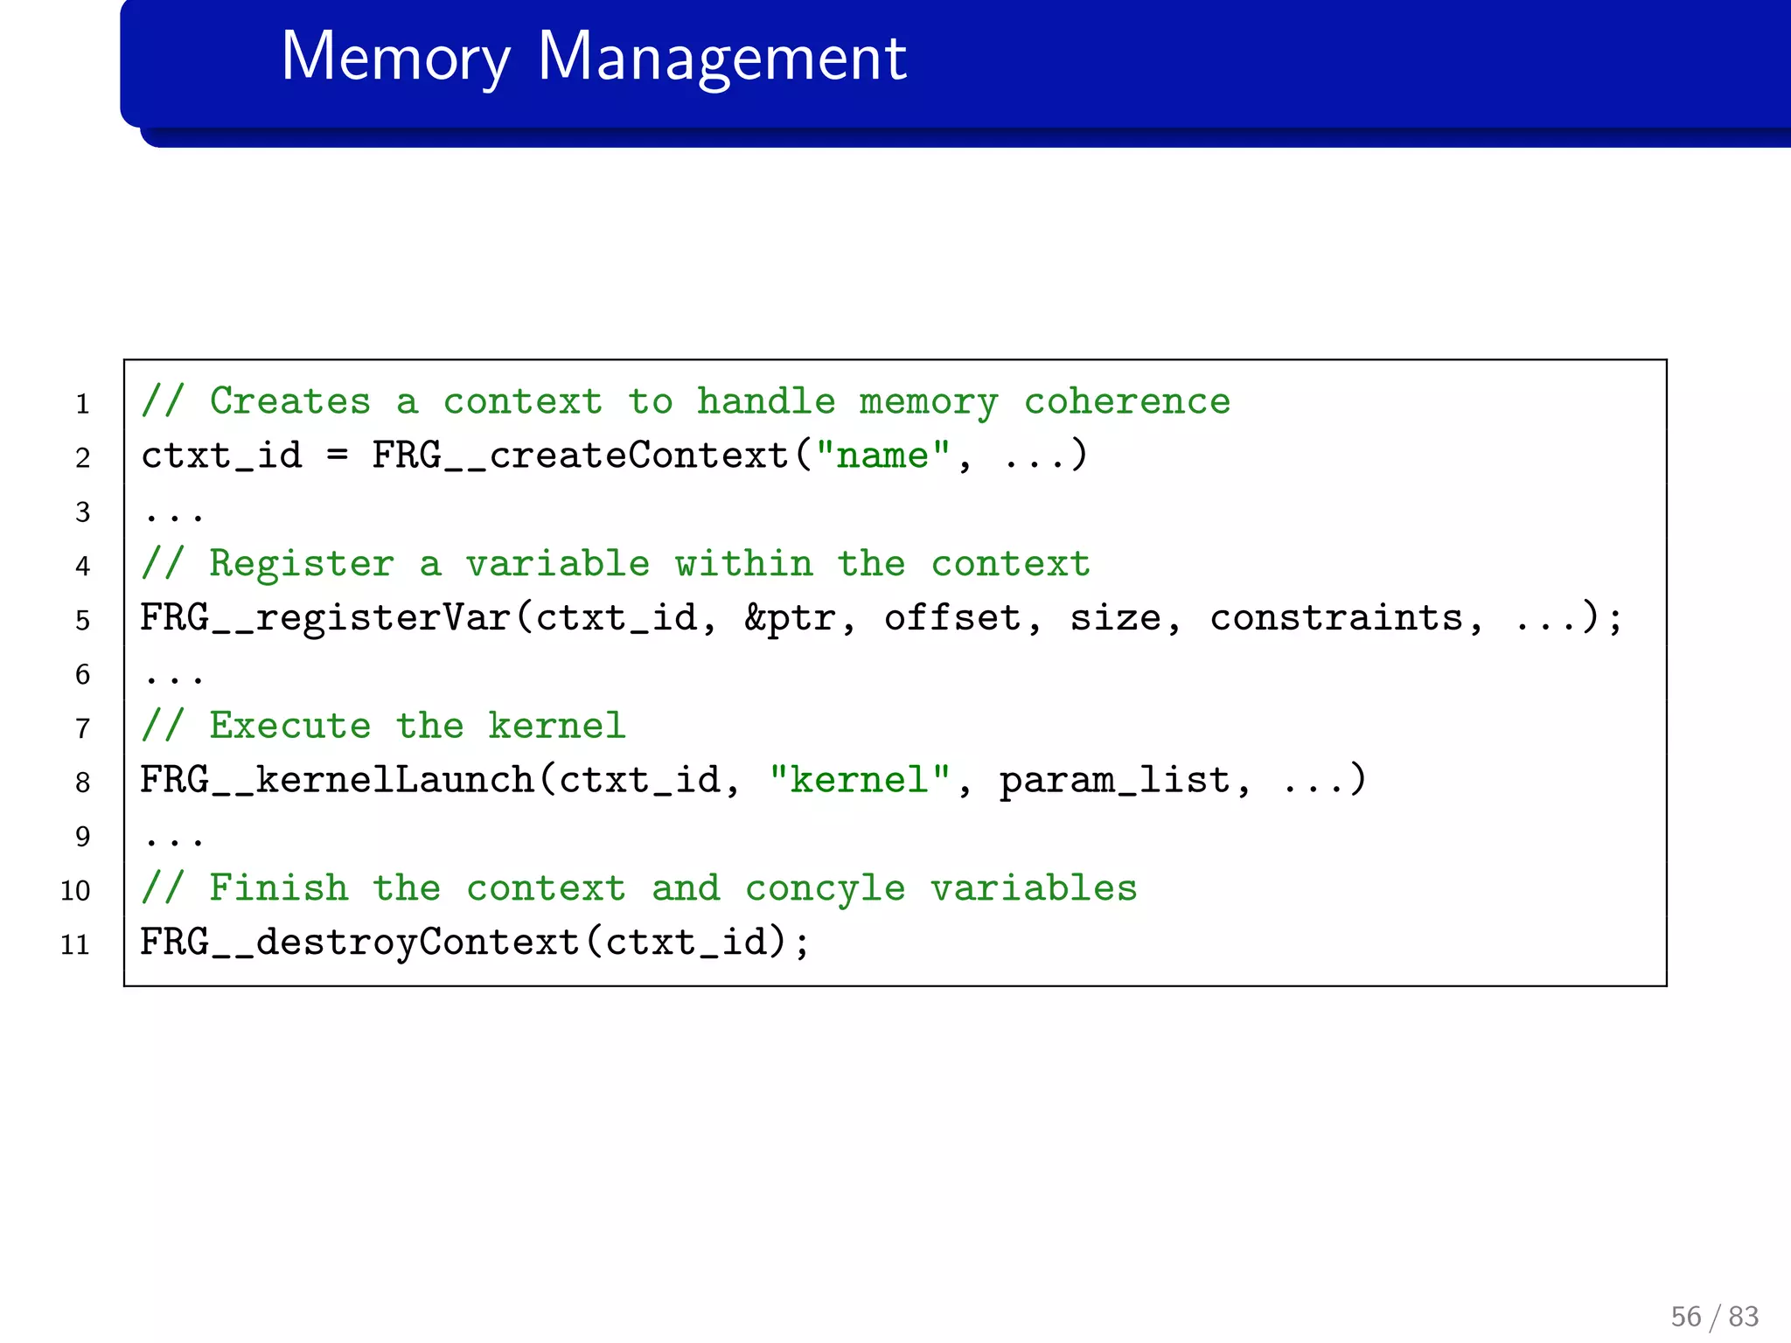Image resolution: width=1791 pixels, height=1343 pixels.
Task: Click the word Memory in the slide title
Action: (x=395, y=58)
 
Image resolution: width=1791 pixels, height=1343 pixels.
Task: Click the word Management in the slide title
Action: (x=721, y=58)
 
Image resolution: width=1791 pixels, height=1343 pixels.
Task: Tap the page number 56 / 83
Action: (x=1713, y=1316)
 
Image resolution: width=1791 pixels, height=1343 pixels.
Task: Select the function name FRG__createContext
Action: (x=580, y=456)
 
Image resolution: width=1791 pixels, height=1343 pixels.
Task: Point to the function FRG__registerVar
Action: (x=325, y=618)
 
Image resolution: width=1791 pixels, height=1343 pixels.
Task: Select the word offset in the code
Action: (x=952, y=618)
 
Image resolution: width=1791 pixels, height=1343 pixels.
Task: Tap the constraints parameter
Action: (x=1336, y=618)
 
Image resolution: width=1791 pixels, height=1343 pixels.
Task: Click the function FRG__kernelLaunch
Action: (x=337, y=780)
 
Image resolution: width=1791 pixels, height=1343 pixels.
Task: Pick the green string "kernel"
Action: (x=859, y=780)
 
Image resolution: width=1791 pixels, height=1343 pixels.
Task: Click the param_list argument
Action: (x=1114, y=780)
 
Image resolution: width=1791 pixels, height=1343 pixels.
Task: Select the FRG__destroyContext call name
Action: (x=359, y=943)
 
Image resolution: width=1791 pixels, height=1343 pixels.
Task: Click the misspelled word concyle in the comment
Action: (x=825, y=889)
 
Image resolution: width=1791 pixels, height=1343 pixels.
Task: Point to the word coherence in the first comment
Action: (x=1126, y=402)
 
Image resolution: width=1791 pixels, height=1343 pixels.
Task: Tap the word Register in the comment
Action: (x=302, y=564)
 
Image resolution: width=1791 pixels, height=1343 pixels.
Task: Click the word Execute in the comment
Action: (x=289, y=727)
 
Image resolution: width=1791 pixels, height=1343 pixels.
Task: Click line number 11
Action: (x=75, y=945)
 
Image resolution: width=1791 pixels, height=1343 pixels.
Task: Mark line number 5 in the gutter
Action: (x=82, y=621)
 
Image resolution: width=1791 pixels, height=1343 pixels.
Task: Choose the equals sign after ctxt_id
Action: (x=337, y=456)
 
